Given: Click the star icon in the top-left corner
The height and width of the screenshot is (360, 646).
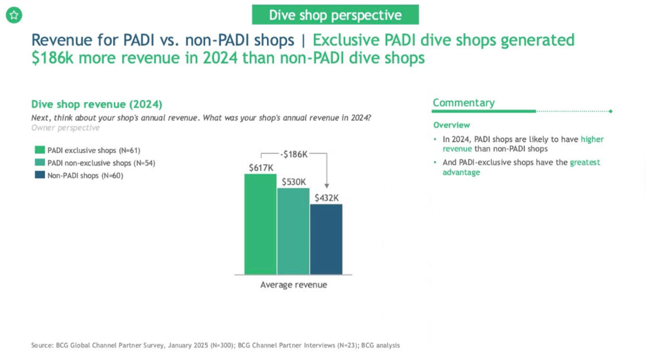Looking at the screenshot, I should point(14,14).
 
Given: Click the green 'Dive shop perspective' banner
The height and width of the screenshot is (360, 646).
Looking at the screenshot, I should point(335,14).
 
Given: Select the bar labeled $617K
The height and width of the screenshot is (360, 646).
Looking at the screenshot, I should point(260,223).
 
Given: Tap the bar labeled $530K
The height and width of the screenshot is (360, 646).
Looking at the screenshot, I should point(293,230).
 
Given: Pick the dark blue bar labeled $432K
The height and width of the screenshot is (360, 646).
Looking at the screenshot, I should point(326,239).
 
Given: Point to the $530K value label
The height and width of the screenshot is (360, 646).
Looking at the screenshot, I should point(293,181).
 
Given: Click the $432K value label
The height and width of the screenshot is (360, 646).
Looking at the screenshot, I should point(326,198).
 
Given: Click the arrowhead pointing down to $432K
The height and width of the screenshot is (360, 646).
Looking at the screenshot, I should point(326,185).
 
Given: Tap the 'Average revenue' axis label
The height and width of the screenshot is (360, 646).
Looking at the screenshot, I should point(293,285).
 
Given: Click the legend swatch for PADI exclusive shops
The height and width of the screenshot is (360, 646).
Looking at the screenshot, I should point(39,150).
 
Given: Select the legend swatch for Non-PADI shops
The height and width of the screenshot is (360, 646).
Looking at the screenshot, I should point(39,176).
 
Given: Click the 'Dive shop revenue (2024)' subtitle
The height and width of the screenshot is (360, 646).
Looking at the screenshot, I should point(97,104).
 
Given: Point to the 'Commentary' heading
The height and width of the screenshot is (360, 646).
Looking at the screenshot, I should point(463,103).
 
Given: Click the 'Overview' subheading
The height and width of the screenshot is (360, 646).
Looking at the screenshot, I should point(451,125).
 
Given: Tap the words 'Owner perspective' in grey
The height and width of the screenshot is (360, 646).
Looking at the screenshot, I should point(65,128).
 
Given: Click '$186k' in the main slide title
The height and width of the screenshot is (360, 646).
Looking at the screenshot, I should point(54,58).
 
